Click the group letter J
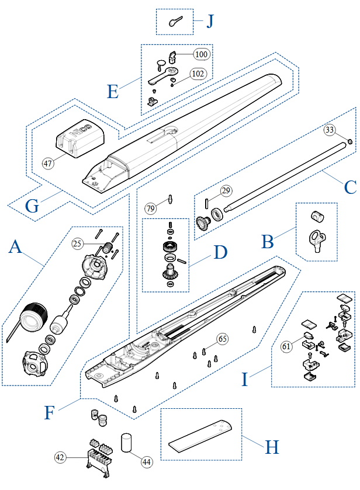point(209,22)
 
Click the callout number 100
point(201,54)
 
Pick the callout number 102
point(198,74)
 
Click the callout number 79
point(151,208)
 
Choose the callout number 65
point(222,339)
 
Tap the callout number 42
point(61,457)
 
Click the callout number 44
point(147,461)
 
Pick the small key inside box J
point(176,22)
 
